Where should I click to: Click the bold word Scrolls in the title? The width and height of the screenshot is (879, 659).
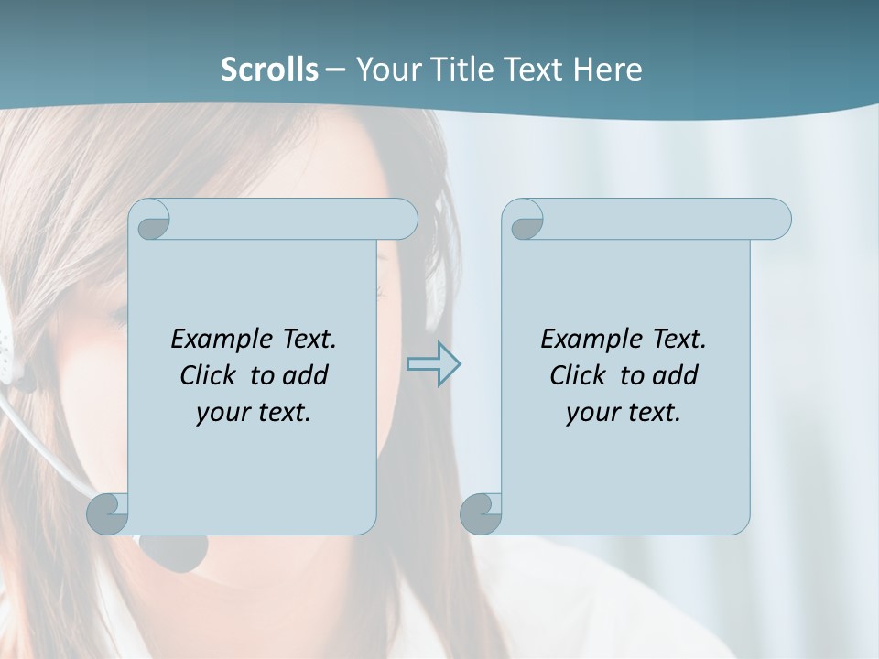point(269,69)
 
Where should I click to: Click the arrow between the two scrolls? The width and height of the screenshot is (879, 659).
point(434,364)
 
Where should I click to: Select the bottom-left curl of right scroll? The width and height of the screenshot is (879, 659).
point(481,513)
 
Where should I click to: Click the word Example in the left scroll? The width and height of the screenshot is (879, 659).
point(220,340)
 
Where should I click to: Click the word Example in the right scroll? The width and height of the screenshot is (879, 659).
point(590,340)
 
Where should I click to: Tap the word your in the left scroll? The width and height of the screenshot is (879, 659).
point(222,413)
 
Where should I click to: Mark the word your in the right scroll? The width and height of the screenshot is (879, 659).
point(592,413)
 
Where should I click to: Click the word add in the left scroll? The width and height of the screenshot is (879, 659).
point(305,375)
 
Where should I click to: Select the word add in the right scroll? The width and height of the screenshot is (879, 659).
point(675,375)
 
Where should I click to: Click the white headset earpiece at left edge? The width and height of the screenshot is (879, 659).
point(6,343)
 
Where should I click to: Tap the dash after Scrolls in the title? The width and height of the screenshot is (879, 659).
point(335,70)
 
